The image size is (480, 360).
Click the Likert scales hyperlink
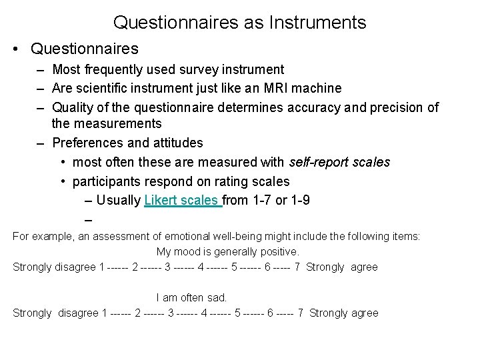[x=182, y=201]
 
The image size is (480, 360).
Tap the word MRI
[x=275, y=88]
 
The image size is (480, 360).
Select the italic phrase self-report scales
[x=339, y=162]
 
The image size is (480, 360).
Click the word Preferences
[x=84, y=143]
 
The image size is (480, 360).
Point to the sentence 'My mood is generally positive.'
[x=228, y=252]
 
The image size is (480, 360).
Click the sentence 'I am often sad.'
[x=192, y=298]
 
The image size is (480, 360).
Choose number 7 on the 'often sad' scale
[x=301, y=313]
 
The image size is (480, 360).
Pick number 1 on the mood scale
[x=101, y=267]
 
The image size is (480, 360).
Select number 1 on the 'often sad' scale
[x=105, y=313]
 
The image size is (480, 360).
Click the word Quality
[x=71, y=107]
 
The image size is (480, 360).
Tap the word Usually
[x=119, y=201]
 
